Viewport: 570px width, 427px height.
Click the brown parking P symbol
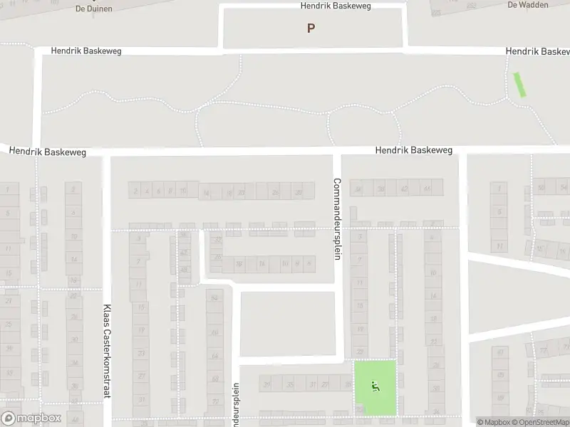click(311, 28)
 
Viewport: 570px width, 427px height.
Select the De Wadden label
click(522, 4)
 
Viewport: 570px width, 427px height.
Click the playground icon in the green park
click(375, 386)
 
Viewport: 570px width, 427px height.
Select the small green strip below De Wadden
click(520, 85)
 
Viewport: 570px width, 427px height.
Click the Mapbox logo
click(31, 418)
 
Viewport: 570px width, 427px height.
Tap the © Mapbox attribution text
click(492, 422)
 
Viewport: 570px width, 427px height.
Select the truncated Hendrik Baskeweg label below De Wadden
click(537, 52)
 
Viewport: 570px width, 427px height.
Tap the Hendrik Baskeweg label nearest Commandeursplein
click(413, 151)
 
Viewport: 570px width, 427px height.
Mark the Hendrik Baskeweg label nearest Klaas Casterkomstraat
click(48, 152)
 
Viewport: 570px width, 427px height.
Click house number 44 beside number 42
click(427, 189)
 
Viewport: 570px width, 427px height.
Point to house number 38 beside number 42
click(381, 189)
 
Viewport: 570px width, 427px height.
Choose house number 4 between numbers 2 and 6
click(146, 191)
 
